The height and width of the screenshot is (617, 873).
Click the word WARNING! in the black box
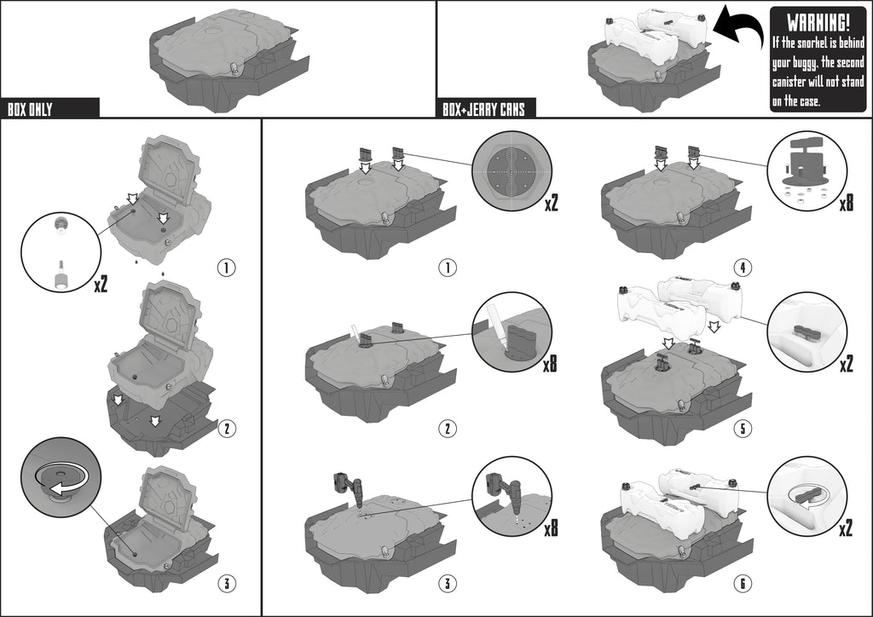pos(818,23)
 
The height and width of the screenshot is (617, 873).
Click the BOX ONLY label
pos(30,109)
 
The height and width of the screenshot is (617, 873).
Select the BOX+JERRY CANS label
pos(484,109)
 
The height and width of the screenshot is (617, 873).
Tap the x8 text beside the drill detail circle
pos(551,527)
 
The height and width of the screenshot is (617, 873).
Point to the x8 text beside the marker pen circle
pos(550,363)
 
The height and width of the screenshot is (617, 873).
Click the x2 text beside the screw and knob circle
pos(101,285)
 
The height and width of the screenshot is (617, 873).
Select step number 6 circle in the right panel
pos(743,583)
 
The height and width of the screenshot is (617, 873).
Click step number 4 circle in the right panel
pos(743,268)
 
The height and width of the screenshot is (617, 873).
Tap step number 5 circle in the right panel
pos(743,428)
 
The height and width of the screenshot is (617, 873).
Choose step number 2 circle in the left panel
pos(227,428)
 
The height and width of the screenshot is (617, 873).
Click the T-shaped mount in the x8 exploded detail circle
pos(805,161)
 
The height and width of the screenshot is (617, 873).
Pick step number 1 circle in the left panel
pos(227,268)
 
